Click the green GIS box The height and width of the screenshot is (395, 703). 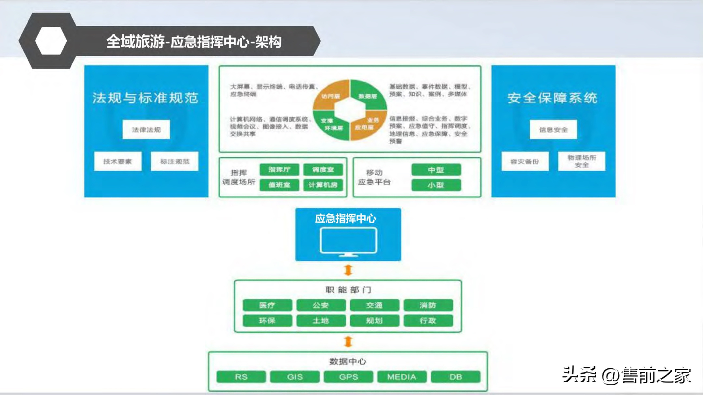[x=295, y=377]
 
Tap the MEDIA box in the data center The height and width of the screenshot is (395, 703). [x=402, y=377]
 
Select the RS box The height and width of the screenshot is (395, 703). [x=241, y=377]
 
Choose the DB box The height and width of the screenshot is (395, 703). [x=455, y=377]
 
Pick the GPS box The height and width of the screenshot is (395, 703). [x=348, y=377]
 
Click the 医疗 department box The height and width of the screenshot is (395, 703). [x=267, y=305]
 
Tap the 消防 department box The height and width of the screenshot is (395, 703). [x=428, y=305]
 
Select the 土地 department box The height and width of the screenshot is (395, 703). [x=321, y=321]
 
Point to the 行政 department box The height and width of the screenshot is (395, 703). [x=428, y=321]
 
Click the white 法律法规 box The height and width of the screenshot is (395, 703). [x=146, y=129]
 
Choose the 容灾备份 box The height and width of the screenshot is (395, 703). [x=525, y=161]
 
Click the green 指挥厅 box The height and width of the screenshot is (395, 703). [x=279, y=170]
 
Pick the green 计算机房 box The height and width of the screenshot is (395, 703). [x=323, y=185]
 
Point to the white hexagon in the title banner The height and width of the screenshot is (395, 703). [x=51, y=41]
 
